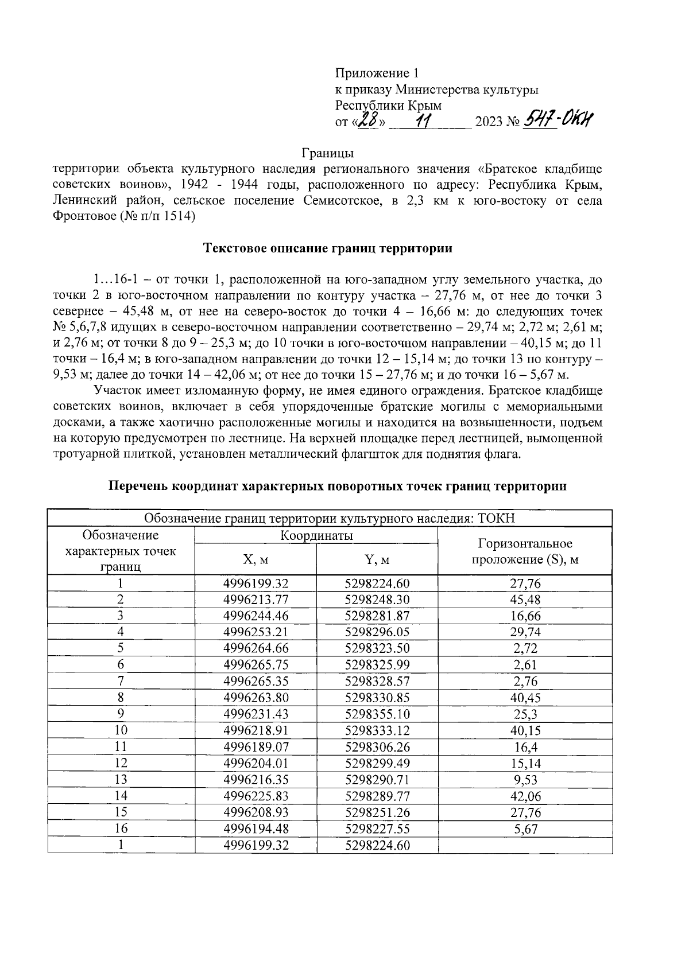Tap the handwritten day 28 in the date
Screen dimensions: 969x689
(x=368, y=121)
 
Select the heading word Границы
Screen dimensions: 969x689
(x=328, y=153)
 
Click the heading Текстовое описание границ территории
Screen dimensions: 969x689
(x=328, y=248)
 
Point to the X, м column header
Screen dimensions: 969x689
(x=256, y=559)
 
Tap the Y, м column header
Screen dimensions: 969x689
(x=377, y=559)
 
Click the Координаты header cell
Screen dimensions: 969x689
(x=316, y=536)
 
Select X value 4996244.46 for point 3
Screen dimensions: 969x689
(x=256, y=616)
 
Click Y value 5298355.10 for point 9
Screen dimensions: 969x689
(x=377, y=714)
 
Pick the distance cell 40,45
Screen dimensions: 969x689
(x=525, y=698)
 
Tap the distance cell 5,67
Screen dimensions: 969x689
(x=525, y=829)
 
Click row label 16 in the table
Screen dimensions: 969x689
(x=121, y=829)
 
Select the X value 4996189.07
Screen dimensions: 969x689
(x=256, y=747)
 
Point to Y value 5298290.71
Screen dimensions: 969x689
(x=377, y=780)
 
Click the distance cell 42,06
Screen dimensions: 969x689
(x=525, y=796)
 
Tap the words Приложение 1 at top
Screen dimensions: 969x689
(x=377, y=73)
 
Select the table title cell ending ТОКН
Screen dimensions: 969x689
(x=330, y=519)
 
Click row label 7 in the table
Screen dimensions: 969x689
(x=121, y=682)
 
